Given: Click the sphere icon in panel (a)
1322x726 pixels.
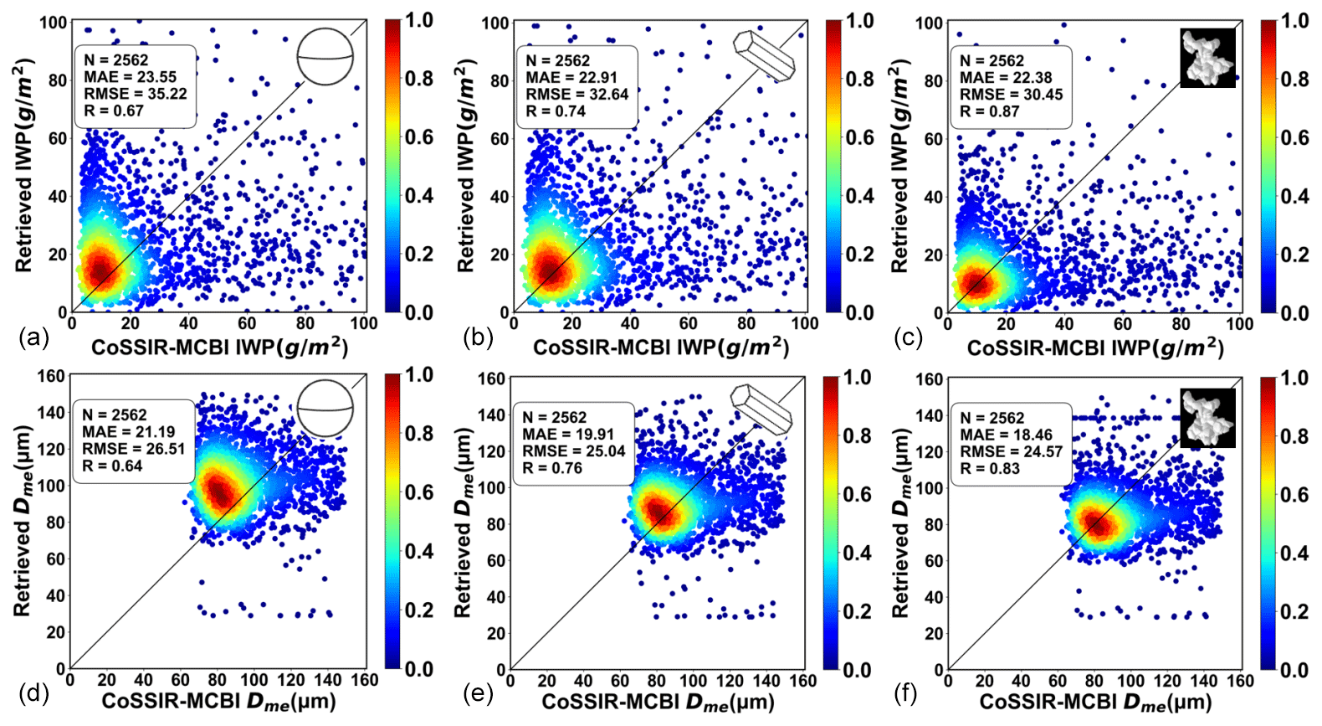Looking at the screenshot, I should (x=325, y=57).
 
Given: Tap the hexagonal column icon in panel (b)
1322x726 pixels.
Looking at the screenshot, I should (x=764, y=56).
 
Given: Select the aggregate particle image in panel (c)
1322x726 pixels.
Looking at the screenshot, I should (x=1207, y=58).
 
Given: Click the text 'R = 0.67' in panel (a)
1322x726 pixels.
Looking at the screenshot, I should (x=114, y=111).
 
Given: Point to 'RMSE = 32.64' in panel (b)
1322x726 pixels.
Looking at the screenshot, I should (x=576, y=95).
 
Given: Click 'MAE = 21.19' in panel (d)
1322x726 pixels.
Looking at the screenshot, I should (x=128, y=432).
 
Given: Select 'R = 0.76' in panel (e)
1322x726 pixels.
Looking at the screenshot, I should (x=552, y=468).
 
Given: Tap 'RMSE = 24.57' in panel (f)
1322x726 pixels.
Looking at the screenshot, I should (x=1011, y=452).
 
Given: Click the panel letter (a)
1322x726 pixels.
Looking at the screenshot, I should (x=33, y=337).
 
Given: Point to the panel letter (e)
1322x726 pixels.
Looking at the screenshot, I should (x=478, y=693).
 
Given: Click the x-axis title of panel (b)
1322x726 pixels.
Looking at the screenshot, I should (x=661, y=347).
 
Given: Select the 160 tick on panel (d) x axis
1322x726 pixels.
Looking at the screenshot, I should (x=365, y=680).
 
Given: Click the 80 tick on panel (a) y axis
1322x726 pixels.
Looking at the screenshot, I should (x=57, y=80).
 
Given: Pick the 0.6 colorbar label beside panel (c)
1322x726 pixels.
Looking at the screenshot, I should (x=1294, y=137).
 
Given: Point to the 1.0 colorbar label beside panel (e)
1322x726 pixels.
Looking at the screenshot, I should (x=858, y=378).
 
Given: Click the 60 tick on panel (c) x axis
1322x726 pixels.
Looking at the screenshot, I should (x=1122, y=324).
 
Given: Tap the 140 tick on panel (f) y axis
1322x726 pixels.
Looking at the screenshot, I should (x=929, y=415).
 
